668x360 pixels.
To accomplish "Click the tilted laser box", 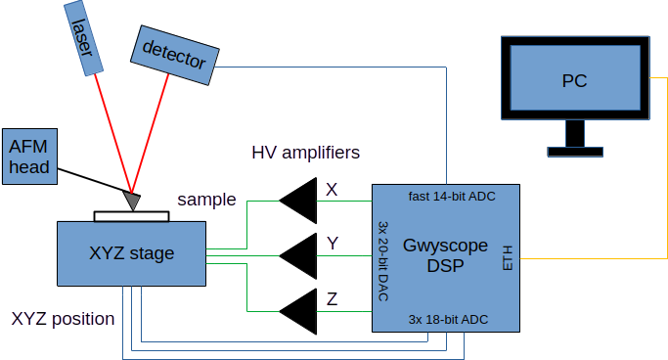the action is tap(83, 38).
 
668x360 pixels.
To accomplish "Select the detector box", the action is tap(175, 56).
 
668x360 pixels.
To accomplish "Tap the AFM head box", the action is tap(29, 157).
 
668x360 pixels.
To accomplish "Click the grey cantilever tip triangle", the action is tap(132, 201).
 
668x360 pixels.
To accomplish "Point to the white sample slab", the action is tap(132, 216).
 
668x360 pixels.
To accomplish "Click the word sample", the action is tap(206, 200).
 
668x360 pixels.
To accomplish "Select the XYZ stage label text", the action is tap(132, 253).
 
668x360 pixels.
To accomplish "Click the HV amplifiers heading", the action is tap(306, 153).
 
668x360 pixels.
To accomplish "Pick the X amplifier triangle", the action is tap(298, 201).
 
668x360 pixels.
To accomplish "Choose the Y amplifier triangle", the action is tap(298, 256).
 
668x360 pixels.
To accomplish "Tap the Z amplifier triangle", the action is tap(298, 311).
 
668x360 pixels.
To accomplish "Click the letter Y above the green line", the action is tap(333, 244).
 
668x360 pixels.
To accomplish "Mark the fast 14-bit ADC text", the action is tap(452, 197).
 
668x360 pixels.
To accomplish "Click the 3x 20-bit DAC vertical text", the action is tap(383, 261).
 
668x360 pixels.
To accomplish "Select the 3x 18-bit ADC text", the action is tap(448, 320).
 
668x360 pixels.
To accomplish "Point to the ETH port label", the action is tap(508, 258).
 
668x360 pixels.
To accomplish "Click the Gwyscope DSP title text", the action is tap(445, 255).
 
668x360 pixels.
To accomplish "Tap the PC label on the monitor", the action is tap(575, 81).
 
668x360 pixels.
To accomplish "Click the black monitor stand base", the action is tap(575, 152).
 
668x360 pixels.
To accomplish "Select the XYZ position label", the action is tap(63, 319).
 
